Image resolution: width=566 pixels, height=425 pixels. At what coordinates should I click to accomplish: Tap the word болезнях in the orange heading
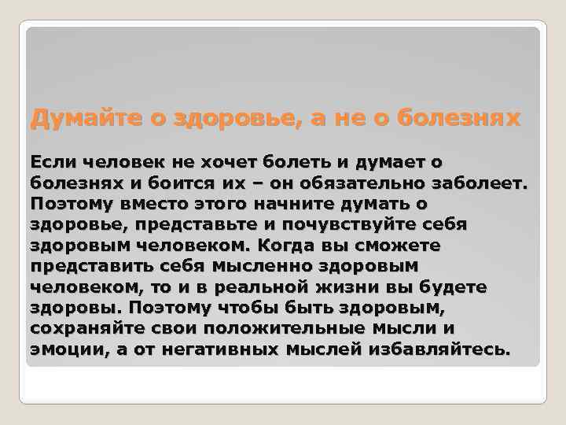point(459,120)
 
